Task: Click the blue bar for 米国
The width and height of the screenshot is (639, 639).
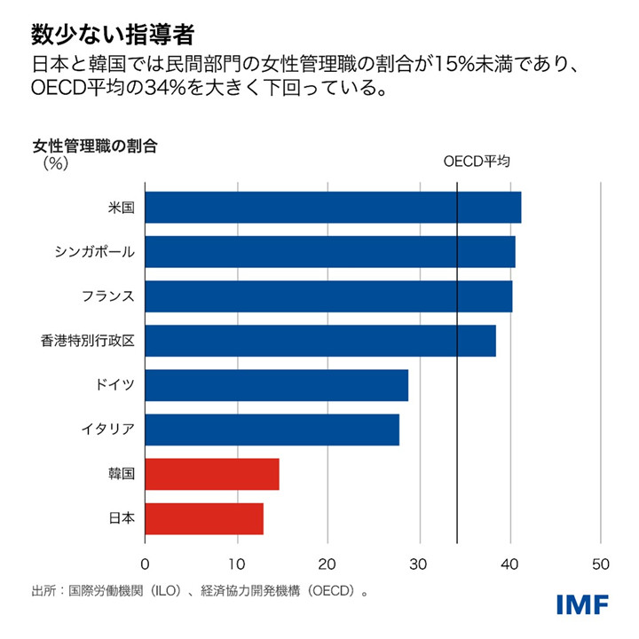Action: [x=333, y=208]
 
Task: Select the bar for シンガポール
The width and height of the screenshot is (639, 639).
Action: [x=329, y=252]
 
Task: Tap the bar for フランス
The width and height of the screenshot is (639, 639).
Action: [x=328, y=296]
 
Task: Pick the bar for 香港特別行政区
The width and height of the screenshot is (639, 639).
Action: [x=320, y=341]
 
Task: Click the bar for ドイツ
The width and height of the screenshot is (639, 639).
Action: [x=276, y=385]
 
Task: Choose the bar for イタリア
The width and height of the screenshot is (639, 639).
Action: [x=272, y=430]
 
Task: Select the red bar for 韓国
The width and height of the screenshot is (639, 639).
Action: [x=212, y=474]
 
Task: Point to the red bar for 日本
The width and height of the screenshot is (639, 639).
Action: [x=204, y=518]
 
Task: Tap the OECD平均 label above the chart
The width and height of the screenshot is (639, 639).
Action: [x=477, y=162]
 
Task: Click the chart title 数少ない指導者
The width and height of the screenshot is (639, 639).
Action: [x=113, y=35]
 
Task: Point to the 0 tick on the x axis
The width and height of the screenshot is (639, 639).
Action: [x=145, y=563]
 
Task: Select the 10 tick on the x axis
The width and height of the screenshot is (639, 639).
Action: [x=236, y=563]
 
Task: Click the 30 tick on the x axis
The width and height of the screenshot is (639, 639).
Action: [x=419, y=563]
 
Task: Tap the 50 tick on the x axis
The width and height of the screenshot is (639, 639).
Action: [x=601, y=563]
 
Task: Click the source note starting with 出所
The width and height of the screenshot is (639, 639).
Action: [x=200, y=589]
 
